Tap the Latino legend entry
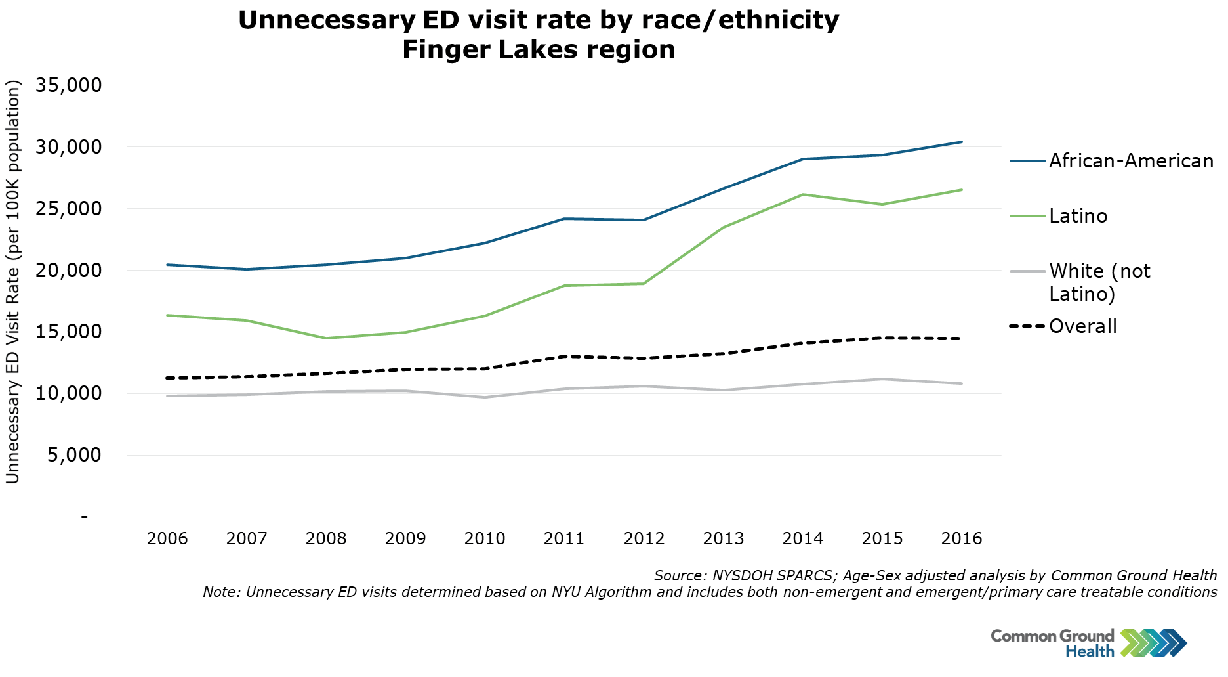(1078, 216)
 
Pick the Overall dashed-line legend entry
(1082, 326)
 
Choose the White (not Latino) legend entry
(1099, 282)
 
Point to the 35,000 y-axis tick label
(69, 85)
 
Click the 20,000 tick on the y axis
(69, 270)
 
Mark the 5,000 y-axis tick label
(74, 454)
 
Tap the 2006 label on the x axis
(167, 539)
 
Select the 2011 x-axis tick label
(564, 539)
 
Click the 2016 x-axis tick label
(962, 539)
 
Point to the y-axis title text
(13, 282)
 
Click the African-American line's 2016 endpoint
(962, 142)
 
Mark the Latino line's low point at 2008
(326, 338)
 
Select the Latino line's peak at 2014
(803, 194)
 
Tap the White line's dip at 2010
(485, 397)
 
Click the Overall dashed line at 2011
(564, 356)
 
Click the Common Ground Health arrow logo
(1154, 643)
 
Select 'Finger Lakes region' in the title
(539, 50)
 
